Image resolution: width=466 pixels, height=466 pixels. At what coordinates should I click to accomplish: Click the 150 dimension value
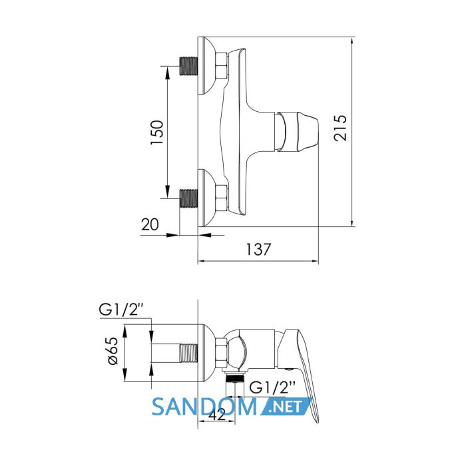point(157,132)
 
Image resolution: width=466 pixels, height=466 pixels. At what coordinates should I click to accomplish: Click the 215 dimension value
point(340,128)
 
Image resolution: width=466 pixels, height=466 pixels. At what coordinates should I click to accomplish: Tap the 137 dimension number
point(258,250)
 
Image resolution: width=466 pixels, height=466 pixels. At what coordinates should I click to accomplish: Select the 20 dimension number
point(150,224)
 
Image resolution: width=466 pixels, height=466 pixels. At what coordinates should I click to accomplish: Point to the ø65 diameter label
point(113,351)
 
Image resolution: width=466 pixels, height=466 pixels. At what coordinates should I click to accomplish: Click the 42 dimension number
point(217,415)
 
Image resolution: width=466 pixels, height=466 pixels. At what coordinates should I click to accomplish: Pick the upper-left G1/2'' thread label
point(122,310)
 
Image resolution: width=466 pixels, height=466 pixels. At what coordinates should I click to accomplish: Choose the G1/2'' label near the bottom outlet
point(272,387)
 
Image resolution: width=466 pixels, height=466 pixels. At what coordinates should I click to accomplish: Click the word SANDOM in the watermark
point(204,407)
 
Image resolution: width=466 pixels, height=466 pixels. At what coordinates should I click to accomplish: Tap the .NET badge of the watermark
point(286,406)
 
